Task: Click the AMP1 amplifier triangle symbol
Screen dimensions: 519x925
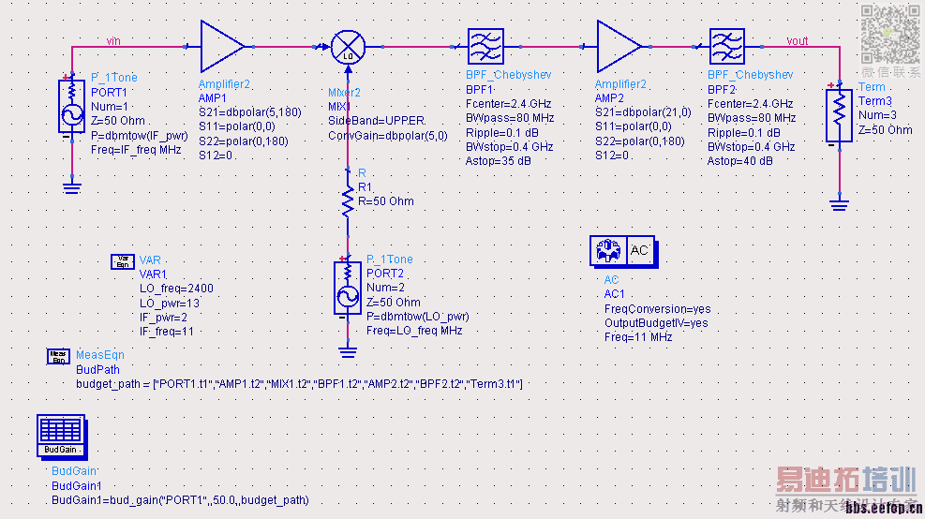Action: tap(222, 45)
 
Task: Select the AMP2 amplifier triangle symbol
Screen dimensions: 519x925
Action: tap(619, 45)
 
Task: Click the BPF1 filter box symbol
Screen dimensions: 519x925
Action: tap(485, 46)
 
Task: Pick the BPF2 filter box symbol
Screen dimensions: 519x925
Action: tap(727, 46)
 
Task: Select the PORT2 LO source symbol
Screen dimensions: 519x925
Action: tap(347, 288)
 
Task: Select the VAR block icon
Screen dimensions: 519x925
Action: tap(123, 260)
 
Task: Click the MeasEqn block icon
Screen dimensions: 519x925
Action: tap(58, 356)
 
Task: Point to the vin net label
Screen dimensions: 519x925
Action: tap(113, 40)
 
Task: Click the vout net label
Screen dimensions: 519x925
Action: tap(797, 40)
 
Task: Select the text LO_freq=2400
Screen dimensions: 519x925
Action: tap(176, 289)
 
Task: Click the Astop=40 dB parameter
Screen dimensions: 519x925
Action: tap(739, 161)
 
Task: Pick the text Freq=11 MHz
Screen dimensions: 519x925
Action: tap(638, 337)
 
